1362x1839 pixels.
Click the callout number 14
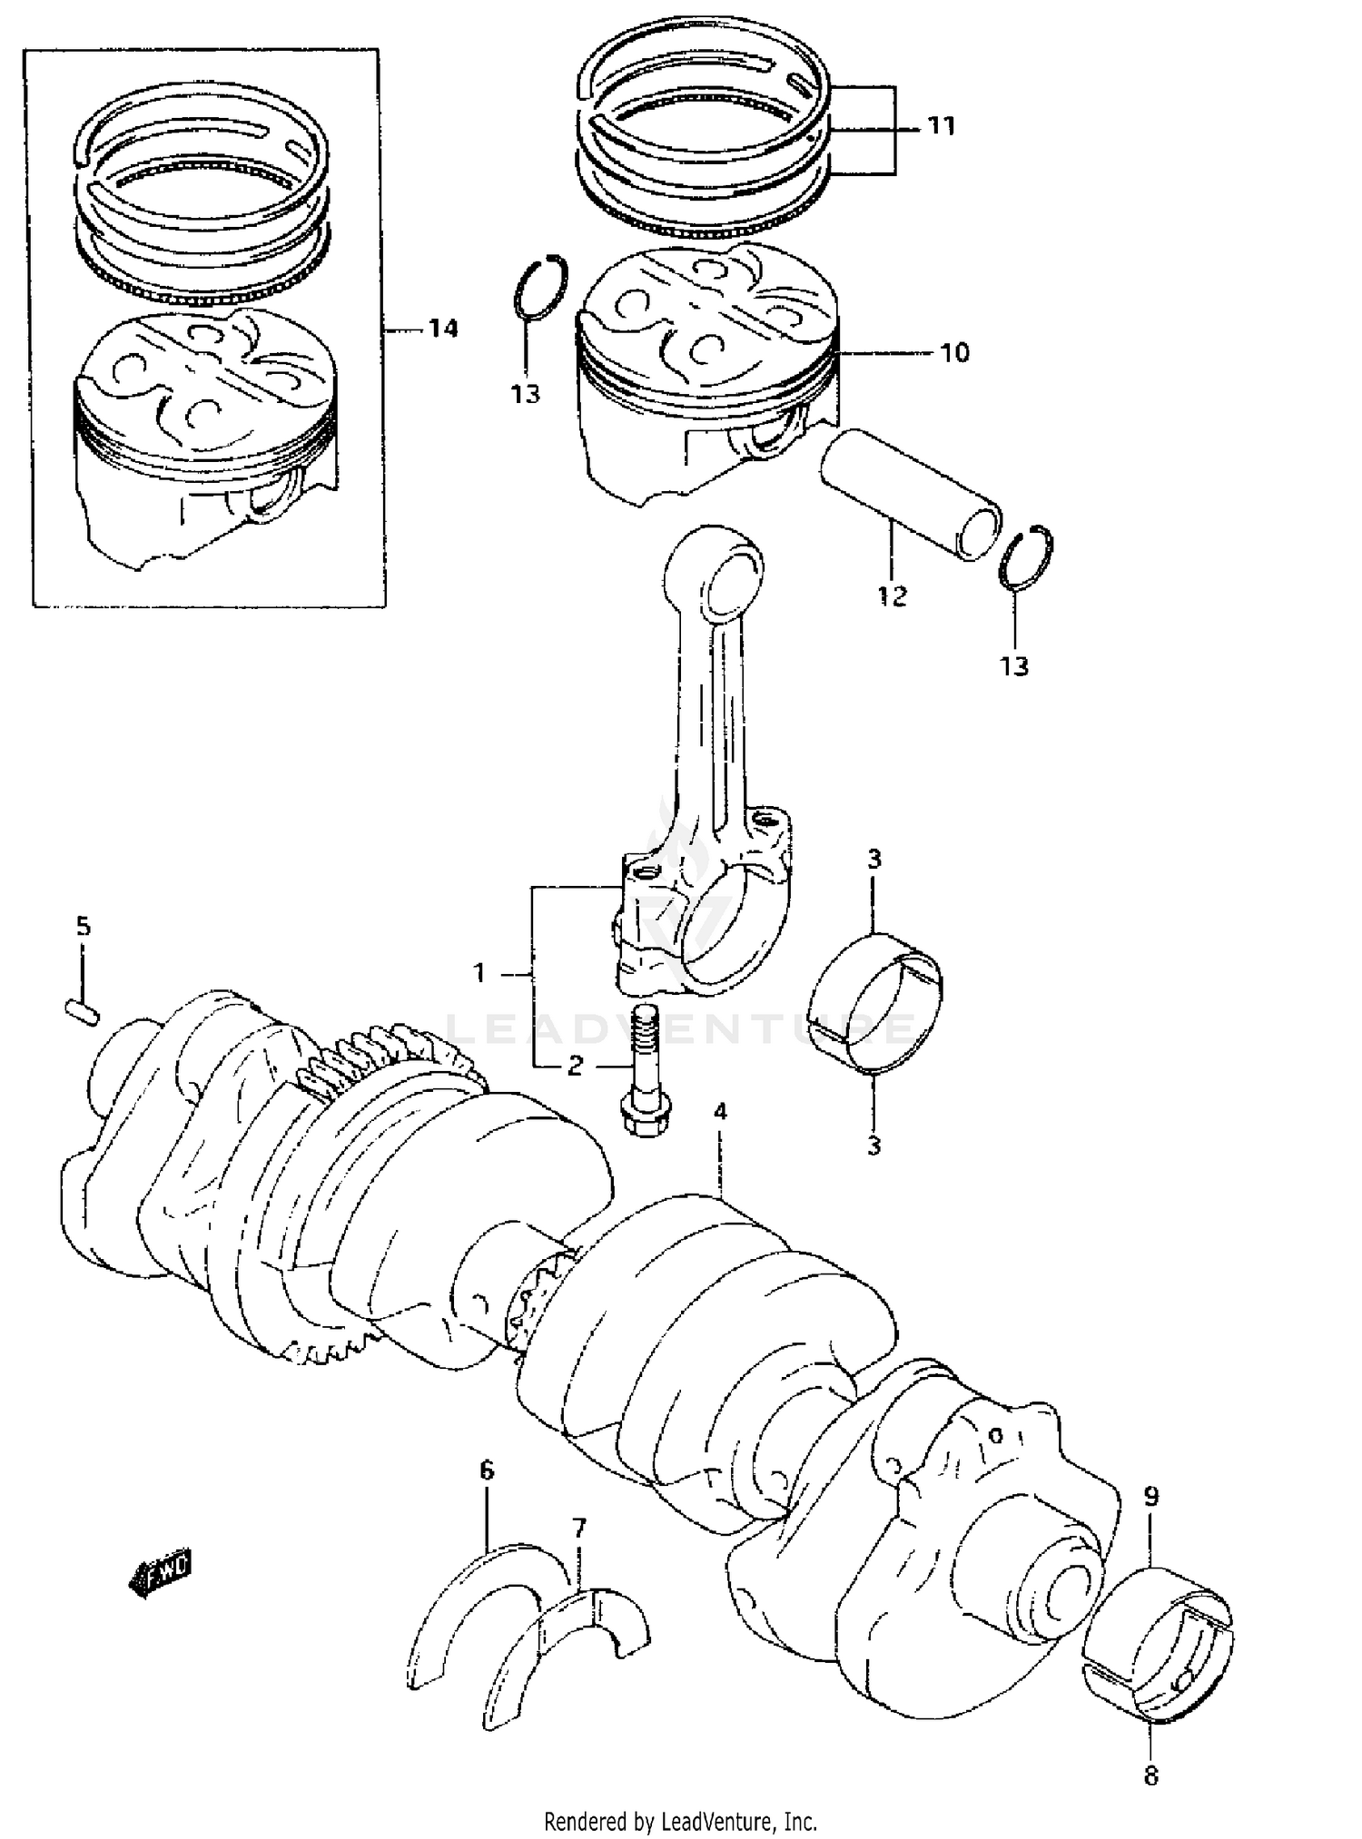[443, 329]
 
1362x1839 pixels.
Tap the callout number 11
[942, 126]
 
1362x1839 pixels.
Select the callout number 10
[954, 352]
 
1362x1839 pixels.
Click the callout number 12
[893, 596]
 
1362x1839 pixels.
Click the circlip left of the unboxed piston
[540, 288]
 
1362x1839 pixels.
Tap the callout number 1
[480, 974]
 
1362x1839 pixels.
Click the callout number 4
[719, 1111]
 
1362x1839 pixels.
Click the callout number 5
[83, 926]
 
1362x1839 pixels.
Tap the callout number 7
[579, 1527]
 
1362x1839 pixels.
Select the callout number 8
[1151, 1775]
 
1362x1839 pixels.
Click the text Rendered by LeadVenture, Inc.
[680, 1821]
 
